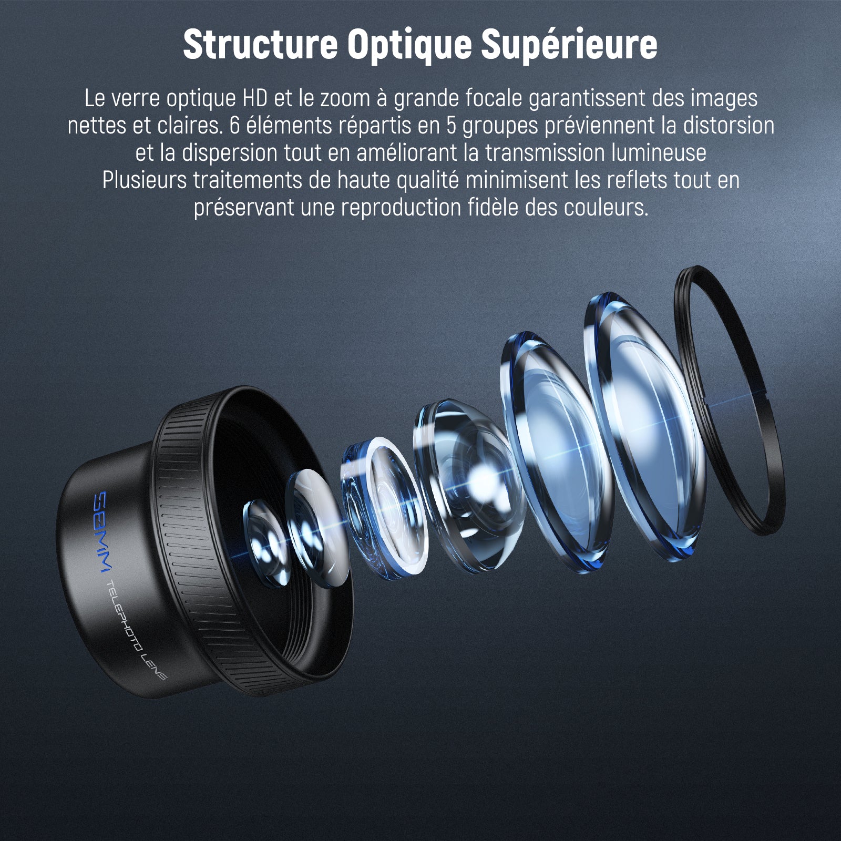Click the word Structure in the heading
coord(260,45)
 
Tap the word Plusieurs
coord(145,180)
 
